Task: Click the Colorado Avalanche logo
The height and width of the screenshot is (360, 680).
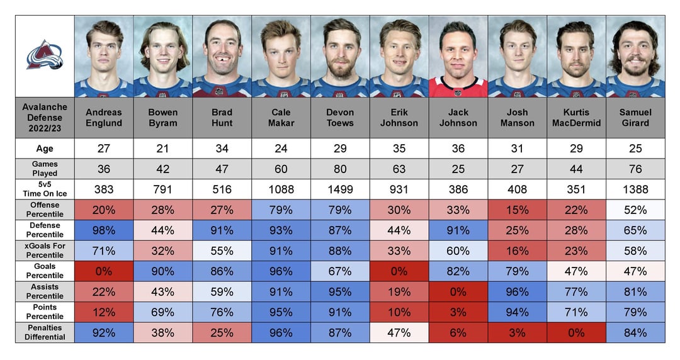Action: pyautogui.click(x=44, y=55)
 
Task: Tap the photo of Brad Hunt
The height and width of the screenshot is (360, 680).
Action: pyautogui.click(x=222, y=57)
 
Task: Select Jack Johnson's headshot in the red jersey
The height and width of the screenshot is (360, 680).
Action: pyautogui.click(x=458, y=57)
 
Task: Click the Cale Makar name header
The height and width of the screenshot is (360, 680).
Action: pyautogui.click(x=281, y=118)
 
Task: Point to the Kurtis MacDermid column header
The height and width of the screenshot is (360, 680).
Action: pyautogui.click(x=576, y=118)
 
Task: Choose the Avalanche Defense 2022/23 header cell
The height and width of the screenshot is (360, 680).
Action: pyautogui.click(x=44, y=118)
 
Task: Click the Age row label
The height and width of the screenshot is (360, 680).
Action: pyautogui.click(x=44, y=149)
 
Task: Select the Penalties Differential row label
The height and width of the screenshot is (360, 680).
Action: pyautogui.click(x=44, y=333)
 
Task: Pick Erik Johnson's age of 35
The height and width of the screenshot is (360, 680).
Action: pyautogui.click(x=399, y=149)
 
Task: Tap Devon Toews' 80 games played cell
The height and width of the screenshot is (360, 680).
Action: pyautogui.click(x=340, y=169)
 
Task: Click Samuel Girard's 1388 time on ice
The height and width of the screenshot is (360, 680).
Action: pyautogui.click(x=635, y=189)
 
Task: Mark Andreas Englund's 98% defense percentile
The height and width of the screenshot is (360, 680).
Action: pyautogui.click(x=104, y=230)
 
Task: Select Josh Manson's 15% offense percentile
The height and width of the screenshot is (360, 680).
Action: pyautogui.click(x=517, y=210)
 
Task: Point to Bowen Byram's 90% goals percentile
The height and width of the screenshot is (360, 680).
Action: pyautogui.click(x=163, y=271)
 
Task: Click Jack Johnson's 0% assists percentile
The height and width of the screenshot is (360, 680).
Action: pyautogui.click(x=458, y=292)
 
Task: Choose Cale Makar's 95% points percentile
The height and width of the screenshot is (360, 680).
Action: pyautogui.click(x=281, y=312)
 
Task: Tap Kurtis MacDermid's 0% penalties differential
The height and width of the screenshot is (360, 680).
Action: pyautogui.click(x=576, y=333)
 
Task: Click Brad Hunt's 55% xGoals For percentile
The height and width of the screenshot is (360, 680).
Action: pyautogui.click(x=222, y=250)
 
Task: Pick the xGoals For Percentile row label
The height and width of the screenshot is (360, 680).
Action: pyautogui.click(x=44, y=250)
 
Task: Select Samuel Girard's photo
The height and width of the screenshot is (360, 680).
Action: pyautogui.click(x=635, y=57)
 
